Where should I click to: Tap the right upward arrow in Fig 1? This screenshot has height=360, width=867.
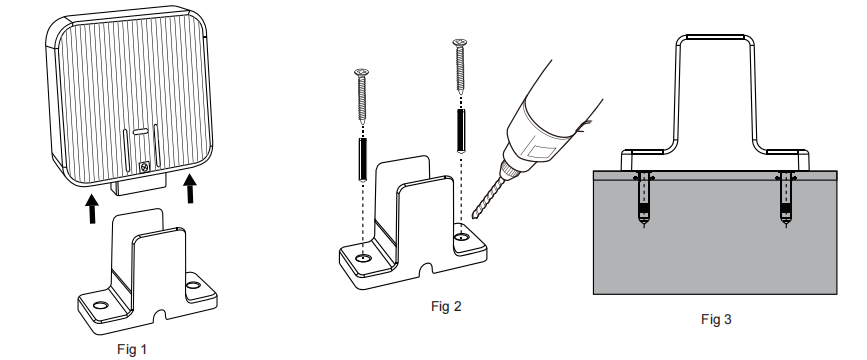[x=190, y=186]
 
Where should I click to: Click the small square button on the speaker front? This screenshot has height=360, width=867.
[x=146, y=166]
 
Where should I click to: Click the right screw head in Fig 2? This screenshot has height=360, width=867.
[x=460, y=42]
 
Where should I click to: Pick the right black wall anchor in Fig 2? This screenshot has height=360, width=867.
[x=461, y=128]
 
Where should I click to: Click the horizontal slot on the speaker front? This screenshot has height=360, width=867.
[x=141, y=131]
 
